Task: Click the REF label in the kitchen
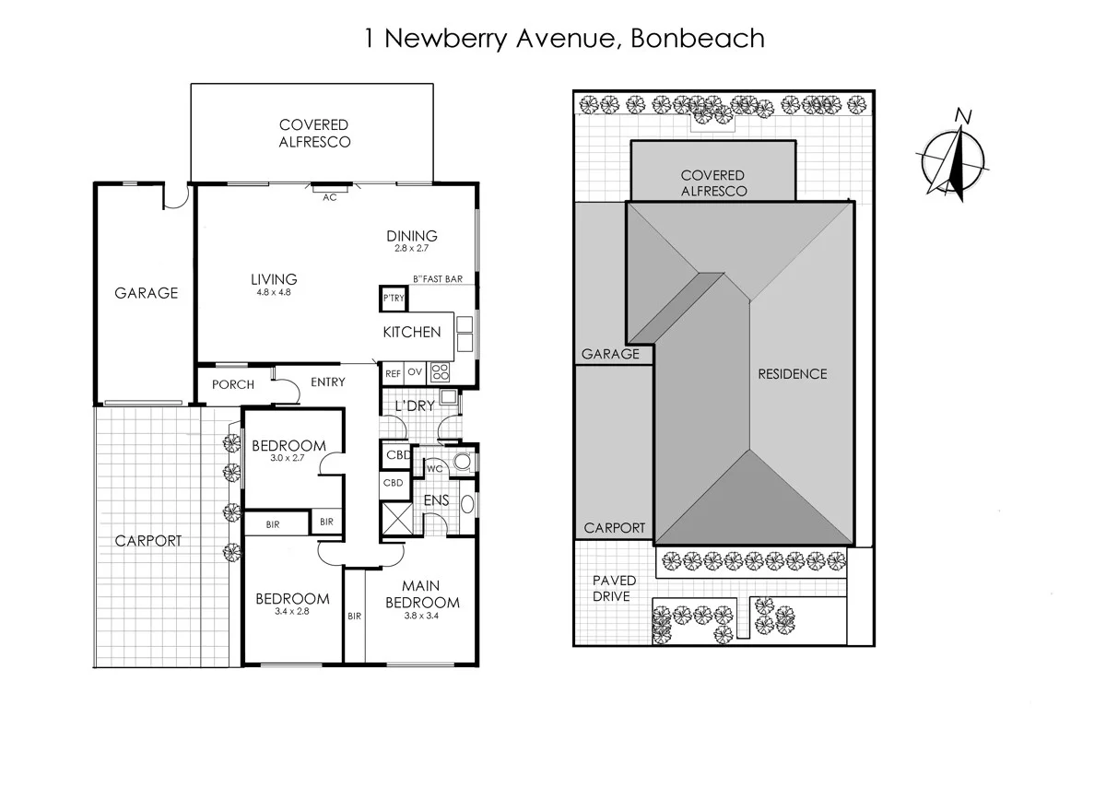tap(393, 373)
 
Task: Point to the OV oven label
tap(414, 373)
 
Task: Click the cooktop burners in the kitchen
tap(441, 373)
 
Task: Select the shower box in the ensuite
tap(396, 515)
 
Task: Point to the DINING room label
tap(411, 237)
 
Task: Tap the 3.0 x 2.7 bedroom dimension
tap(288, 458)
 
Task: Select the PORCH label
tap(232, 385)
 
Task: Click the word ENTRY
tap(327, 382)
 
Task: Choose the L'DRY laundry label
tap(414, 405)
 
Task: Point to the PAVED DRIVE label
tap(613, 588)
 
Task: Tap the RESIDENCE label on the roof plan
tap(792, 374)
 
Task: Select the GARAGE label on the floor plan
tap(146, 293)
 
